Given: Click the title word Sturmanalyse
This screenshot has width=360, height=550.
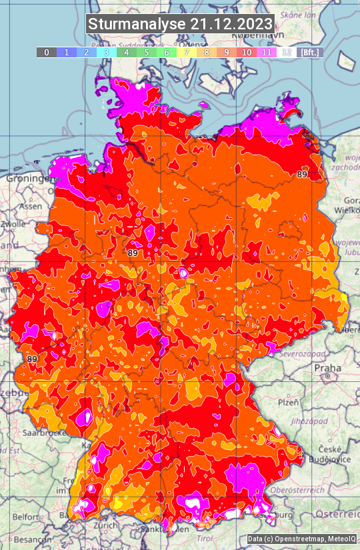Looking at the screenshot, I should [x=137, y=25].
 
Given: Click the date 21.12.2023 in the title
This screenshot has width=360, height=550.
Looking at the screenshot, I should [x=231, y=25].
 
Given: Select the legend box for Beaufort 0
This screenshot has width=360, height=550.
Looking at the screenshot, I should [x=46, y=52].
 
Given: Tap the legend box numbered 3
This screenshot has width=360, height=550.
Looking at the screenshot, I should [x=106, y=52].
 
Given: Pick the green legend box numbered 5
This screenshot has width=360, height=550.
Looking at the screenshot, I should [x=146, y=52].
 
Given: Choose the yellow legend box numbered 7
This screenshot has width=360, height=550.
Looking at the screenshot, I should [x=186, y=52].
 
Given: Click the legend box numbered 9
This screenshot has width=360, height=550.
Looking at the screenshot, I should [x=226, y=52].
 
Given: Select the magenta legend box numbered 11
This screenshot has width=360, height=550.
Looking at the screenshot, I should [x=266, y=52].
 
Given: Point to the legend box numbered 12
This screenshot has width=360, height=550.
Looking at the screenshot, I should [x=286, y=52].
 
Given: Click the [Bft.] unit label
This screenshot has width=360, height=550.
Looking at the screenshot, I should [x=309, y=52].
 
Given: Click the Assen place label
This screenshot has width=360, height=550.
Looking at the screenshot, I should [x=29, y=207].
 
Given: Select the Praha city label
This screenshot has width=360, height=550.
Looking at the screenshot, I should [x=327, y=367].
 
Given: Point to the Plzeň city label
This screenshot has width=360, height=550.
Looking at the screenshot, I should [x=288, y=403].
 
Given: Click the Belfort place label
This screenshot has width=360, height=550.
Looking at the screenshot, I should [x=26, y=517].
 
